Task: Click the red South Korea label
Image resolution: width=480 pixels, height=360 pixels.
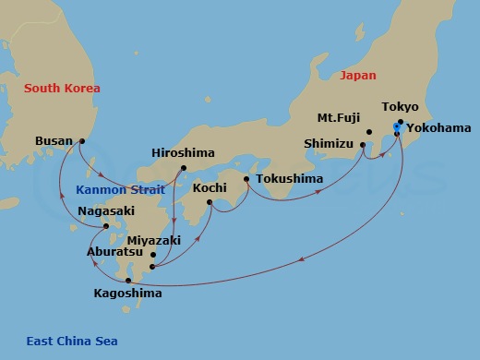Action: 62,89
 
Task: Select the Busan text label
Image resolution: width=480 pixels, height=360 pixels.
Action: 54,141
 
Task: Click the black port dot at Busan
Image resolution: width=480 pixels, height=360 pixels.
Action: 82,141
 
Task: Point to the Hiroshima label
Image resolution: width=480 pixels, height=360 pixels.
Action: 183,153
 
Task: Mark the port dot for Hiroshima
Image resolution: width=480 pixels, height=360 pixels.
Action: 183,167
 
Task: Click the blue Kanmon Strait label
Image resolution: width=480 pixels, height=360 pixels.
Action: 120,190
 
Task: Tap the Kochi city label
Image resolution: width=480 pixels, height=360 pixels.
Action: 210,187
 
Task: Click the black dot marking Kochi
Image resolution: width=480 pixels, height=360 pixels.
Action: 210,202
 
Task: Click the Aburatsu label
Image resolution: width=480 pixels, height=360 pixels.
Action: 114,251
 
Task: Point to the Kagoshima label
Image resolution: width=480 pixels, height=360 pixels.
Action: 128,294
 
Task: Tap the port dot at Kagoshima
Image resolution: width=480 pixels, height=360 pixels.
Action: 128,280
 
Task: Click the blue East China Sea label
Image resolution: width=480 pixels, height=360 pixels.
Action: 72,342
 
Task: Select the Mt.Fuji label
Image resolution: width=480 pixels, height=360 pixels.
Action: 338,118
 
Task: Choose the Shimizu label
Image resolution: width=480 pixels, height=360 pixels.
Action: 329,143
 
